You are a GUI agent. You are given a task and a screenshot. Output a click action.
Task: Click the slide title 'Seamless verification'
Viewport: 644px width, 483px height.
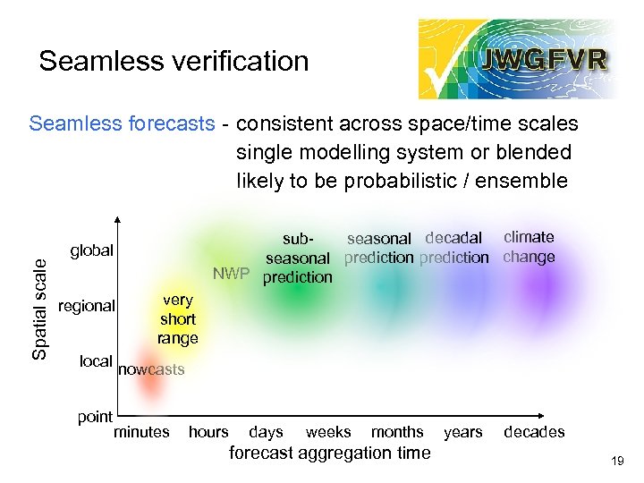tap(174, 61)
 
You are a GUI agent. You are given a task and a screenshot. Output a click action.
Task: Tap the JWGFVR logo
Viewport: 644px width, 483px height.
tap(514, 59)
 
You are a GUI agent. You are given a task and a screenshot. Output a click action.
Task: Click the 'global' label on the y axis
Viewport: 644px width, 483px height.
tap(91, 250)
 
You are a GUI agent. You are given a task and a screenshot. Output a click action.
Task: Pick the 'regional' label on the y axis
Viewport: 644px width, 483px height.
tap(86, 306)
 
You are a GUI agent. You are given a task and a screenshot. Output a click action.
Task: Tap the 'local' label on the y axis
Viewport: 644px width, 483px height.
tap(96, 361)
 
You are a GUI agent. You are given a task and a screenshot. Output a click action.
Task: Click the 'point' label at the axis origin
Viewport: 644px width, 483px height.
tap(95, 416)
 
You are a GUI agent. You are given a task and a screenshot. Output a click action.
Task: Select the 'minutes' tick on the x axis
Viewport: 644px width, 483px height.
tap(141, 432)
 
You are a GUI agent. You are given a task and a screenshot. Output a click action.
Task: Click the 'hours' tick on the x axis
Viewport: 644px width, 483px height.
tap(208, 432)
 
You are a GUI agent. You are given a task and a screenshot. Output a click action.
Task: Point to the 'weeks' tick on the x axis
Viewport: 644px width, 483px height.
tap(328, 432)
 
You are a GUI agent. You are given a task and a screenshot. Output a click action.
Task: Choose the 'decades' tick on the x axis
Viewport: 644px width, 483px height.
tap(534, 432)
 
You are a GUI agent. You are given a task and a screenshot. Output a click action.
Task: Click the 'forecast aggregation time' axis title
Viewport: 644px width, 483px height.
tap(329, 453)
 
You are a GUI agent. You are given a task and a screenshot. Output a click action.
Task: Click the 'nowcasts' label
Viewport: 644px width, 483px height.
tap(151, 369)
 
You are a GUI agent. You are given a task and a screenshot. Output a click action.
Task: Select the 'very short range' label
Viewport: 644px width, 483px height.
tap(177, 319)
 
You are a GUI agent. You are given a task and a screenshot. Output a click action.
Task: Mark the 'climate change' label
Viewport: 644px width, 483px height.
tap(529, 247)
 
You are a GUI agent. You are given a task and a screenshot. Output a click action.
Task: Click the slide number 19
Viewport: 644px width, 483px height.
tap(616, 462)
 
